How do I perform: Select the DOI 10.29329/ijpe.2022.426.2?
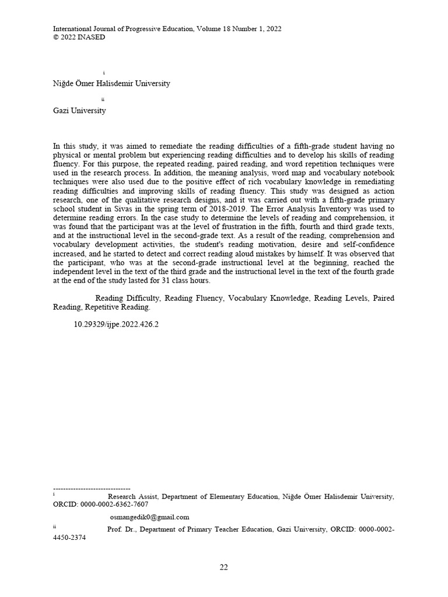[x=116, y=324]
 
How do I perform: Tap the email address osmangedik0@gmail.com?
[x=149, y=517]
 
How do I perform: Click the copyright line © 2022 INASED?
[x=79, y=37]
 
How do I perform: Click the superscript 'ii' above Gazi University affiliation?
[x=103, y=100]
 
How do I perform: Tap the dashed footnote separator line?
[x=92, y=488]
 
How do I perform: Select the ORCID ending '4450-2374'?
[x=69, y=538]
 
